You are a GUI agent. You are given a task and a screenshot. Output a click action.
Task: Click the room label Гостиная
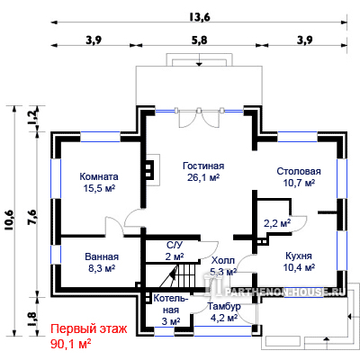(x=203, y=166)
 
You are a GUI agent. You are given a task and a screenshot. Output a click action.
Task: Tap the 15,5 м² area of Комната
(x=99, y=188)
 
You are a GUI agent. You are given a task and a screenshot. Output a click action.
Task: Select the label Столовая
(x=299, y=171)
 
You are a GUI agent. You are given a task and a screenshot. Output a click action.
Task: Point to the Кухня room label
(x=299, y=256)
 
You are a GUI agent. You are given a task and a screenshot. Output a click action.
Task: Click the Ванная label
(x=102, y=256)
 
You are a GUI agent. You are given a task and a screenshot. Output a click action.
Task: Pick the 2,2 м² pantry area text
(x=277, y=223)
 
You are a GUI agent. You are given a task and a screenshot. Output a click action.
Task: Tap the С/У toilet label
(x=175, y=246)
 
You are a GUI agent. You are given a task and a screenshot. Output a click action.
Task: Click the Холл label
(x=223, y=260)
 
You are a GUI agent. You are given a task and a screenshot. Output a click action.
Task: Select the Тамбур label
(x=224, y=306)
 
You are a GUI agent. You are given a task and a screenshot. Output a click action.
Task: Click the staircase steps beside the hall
(x=186, y=275)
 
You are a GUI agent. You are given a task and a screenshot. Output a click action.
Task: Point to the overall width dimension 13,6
(x=200, y=17)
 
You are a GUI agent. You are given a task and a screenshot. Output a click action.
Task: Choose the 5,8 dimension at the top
(x=200, y=40)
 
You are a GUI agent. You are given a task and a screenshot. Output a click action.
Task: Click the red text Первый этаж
(x=89, y=329)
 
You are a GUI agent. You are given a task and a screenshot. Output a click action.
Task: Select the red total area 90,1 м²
(x=70, y=343)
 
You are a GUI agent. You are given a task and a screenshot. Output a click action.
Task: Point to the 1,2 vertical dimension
(x=32, y=114)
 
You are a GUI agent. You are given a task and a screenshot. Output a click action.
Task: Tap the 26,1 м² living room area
(x=203, y=177)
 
